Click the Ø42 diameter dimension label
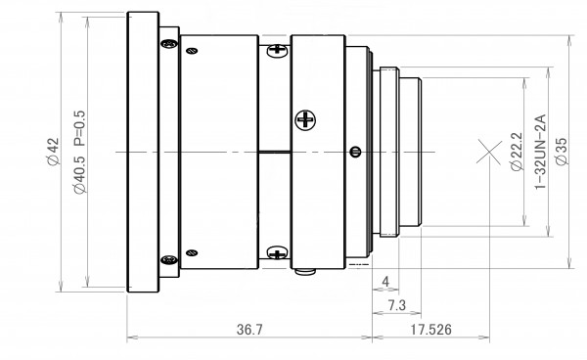(x=53, y=152)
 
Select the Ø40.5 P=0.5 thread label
(x=80, y=152)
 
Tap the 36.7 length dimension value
(x=249, y=330)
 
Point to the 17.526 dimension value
(x=430, y=330)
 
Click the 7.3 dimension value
(x=396, y=305)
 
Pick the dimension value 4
(x=385, y=282)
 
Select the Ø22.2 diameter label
(x=517, y=152)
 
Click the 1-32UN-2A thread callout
(x=541, y=152)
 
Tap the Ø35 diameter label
(x=562, y=152)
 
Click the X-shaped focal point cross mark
(x=489, y=152)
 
